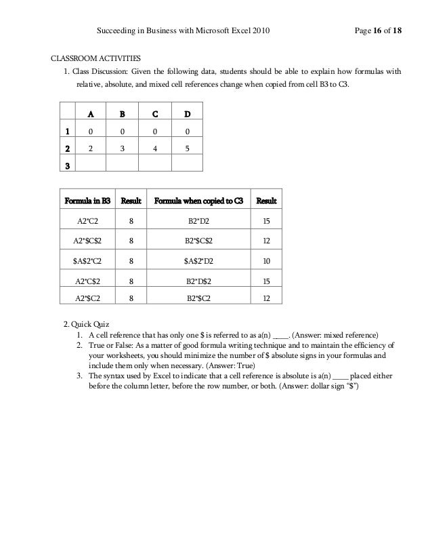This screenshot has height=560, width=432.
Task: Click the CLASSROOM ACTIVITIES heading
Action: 98,59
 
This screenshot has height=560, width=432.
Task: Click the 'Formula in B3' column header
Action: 87,201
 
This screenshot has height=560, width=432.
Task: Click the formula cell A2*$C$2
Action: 87,240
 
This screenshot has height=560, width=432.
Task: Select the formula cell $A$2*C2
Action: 87,259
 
